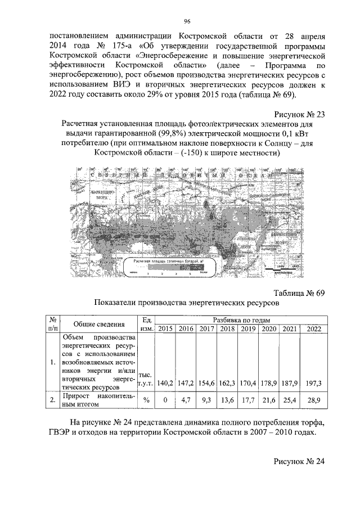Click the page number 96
tap(188, 21)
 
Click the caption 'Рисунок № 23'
tap(299, 114)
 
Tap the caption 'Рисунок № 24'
tap(299, 461)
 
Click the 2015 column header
tap(165, 328)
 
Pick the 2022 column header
tap(314, 328)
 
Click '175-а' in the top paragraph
tap(115, 46)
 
